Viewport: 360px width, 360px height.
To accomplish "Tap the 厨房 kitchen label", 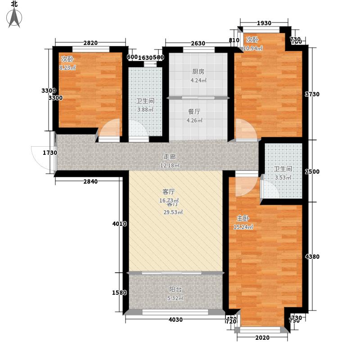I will click(198, 72).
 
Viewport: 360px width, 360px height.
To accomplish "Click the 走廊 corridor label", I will click(169, 157).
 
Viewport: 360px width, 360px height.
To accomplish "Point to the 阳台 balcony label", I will click(175, 290).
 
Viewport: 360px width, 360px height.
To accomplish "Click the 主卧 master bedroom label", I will click(243, 218).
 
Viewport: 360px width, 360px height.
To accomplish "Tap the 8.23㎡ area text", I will click(68, 68).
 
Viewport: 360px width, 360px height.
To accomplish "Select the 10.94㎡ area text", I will click(252, 49).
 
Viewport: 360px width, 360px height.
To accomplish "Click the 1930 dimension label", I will click(264, 23).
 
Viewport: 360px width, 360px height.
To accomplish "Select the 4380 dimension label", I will click(312, 257).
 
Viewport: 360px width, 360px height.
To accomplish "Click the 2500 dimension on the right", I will click(312, 172).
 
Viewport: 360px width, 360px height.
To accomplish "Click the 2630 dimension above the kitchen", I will click(198, 43).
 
